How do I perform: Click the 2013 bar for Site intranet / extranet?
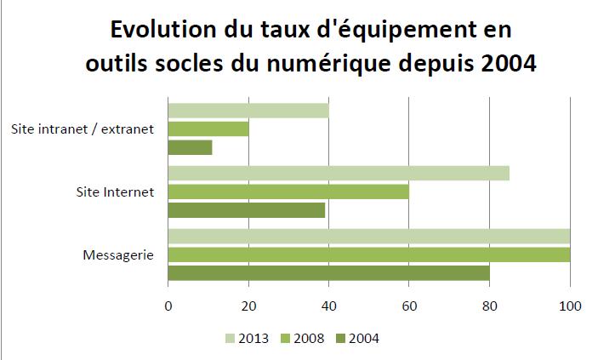(x=248, y=110)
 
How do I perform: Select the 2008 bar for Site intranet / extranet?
(x=208, y=129)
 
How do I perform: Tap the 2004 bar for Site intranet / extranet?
(x=190, y=147)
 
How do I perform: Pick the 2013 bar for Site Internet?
(x=339, y=173)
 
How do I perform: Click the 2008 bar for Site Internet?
(x=288, y=191)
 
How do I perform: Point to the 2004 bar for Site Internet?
(x=247, y=210)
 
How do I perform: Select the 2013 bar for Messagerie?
(x=368, y=236)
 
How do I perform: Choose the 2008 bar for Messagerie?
(x=368, y=254)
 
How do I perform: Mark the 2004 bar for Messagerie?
(x=328, y=273)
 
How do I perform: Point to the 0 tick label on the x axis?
(x=168, y=306)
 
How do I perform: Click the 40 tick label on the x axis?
(x=328, y=306)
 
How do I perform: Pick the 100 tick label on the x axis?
(x=569, y=306)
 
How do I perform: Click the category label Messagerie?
(x=118, y=254)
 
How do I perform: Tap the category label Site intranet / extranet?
(x=83, y=129)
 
